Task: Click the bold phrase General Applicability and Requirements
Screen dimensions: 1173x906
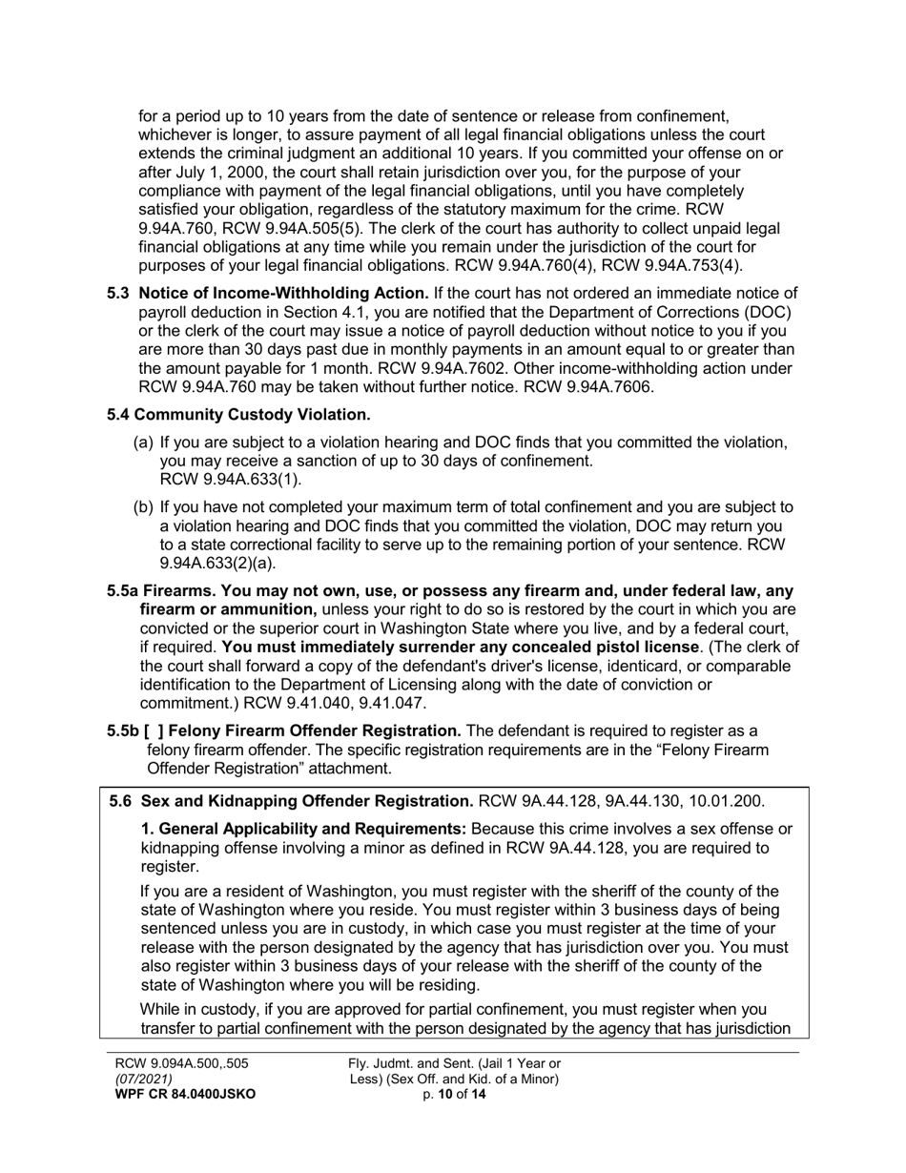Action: [303, 829]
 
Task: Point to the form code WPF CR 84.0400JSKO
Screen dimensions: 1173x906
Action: [185, 1095]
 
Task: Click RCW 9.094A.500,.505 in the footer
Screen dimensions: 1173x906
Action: [181, 1063]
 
